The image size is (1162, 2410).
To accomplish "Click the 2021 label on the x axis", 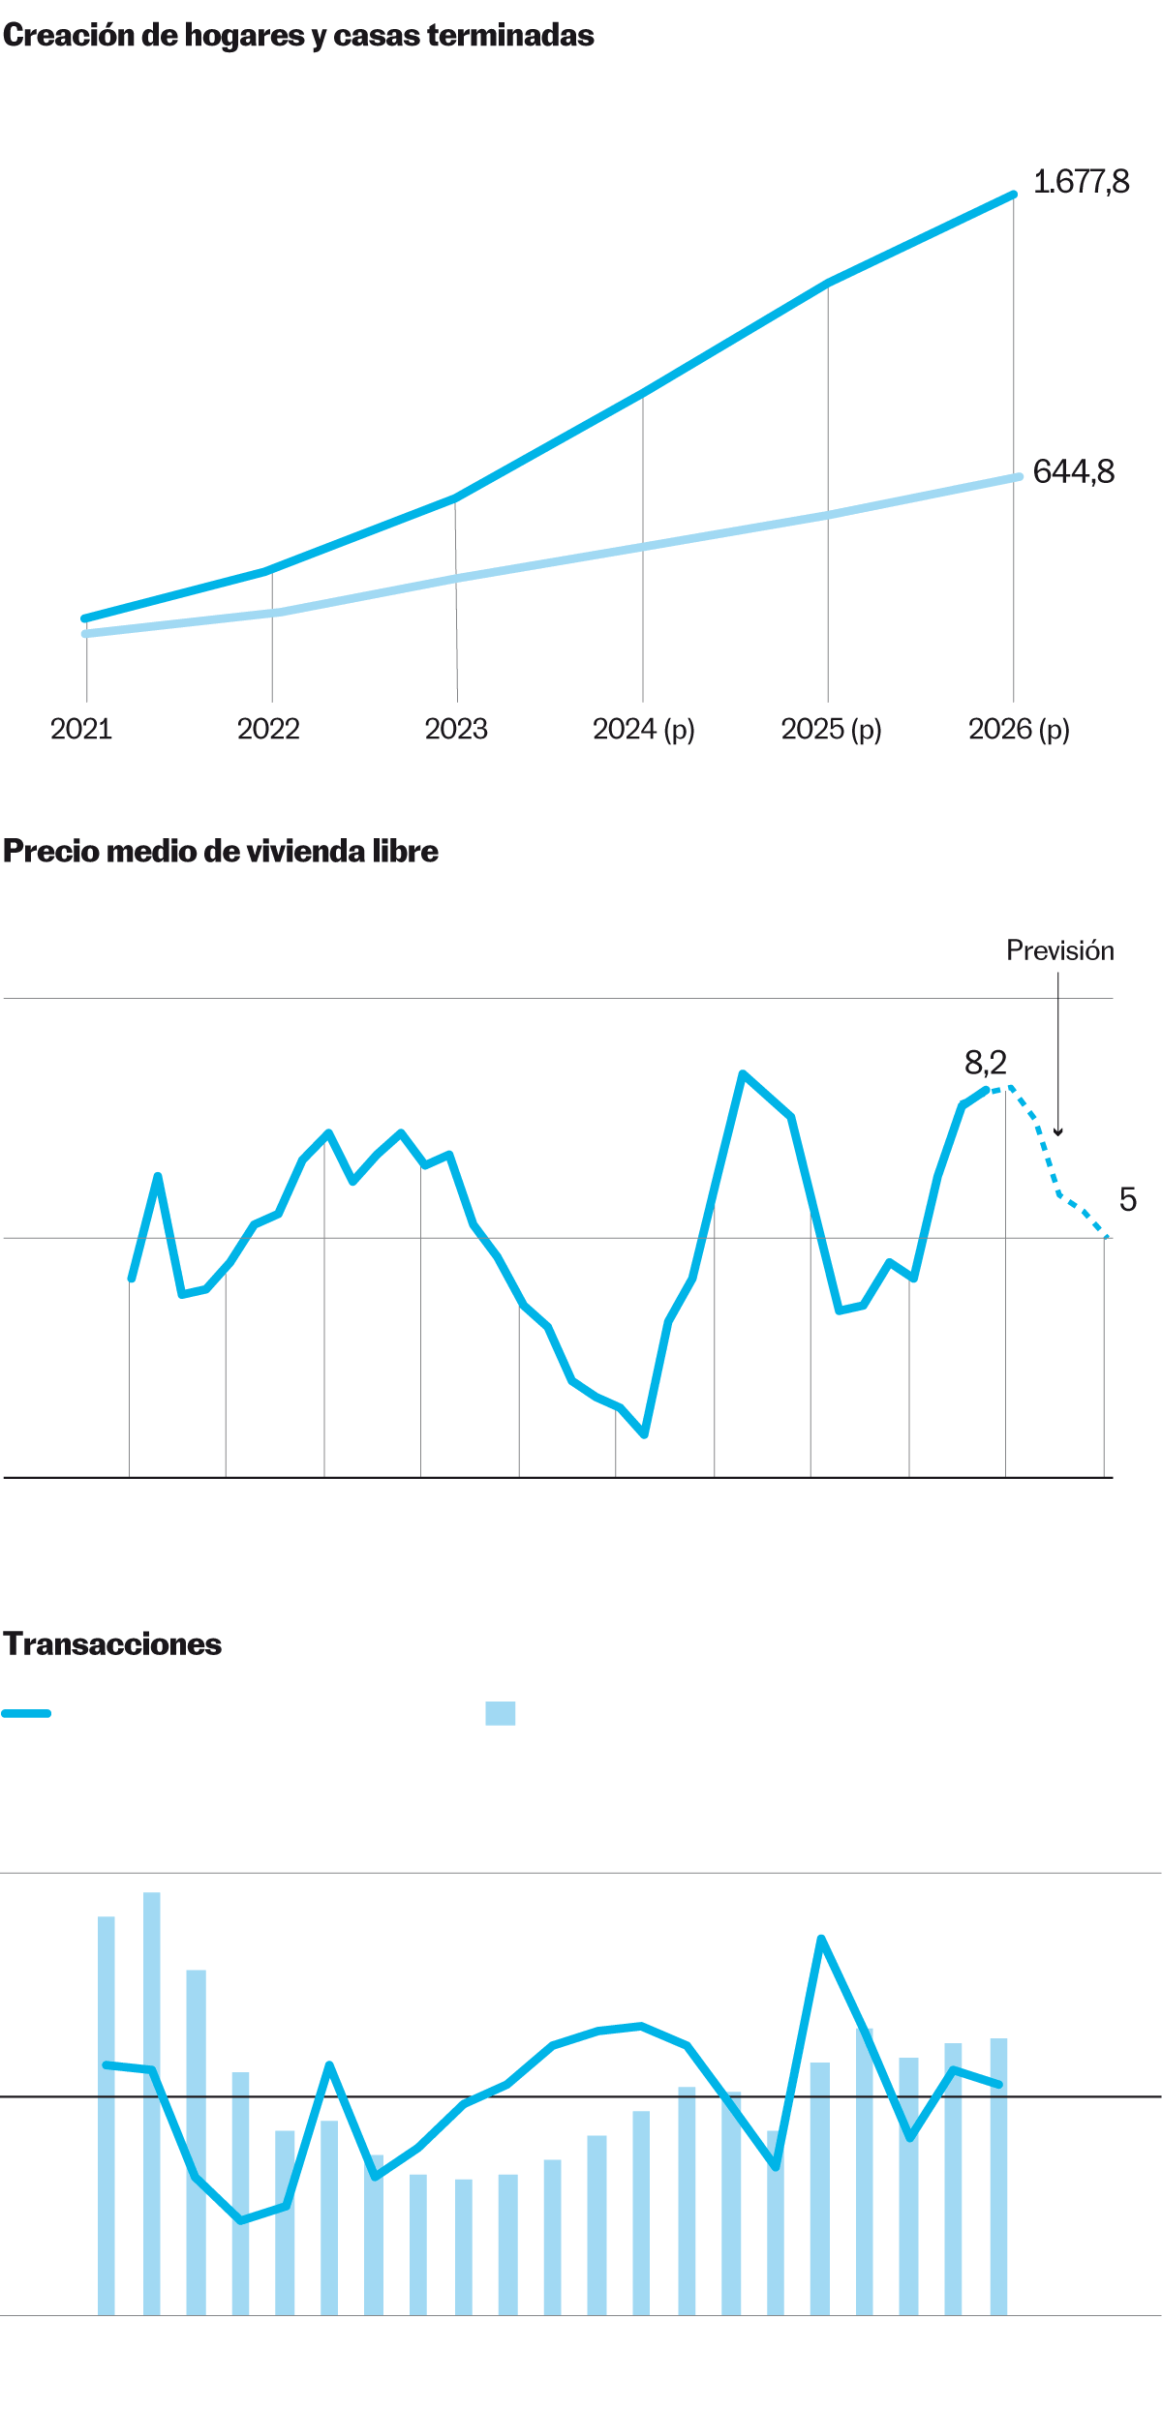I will point(81,729).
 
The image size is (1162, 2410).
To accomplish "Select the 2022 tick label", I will point(268,729).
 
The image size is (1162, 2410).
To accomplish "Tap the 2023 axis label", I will point(456,729).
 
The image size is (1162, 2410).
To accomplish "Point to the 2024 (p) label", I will point(643,729).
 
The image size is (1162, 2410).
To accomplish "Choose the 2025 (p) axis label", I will point(831,729).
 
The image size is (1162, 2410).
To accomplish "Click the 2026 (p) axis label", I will point(1019,729).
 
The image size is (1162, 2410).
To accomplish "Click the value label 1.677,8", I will point(1081,182).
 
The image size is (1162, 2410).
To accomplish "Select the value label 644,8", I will point(1073,472).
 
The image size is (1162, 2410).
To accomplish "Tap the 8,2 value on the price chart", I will point(985,1063).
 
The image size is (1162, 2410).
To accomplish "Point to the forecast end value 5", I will point(1127,1200).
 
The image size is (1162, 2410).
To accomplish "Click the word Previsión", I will point(1059,950).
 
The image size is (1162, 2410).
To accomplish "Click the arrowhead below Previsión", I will point(1058,1130).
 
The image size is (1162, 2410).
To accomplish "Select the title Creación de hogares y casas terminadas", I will point(298,36).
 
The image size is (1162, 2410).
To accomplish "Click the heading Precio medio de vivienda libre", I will point(221,852).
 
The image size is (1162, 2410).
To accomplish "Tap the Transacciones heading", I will point(112,1644).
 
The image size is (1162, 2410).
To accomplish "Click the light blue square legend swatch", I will point(500,1713).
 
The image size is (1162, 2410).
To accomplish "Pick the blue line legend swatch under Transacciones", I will point(26,1713).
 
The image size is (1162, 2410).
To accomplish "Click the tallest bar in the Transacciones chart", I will point(152,2100).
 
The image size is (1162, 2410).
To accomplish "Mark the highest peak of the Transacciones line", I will point(821,1939).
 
